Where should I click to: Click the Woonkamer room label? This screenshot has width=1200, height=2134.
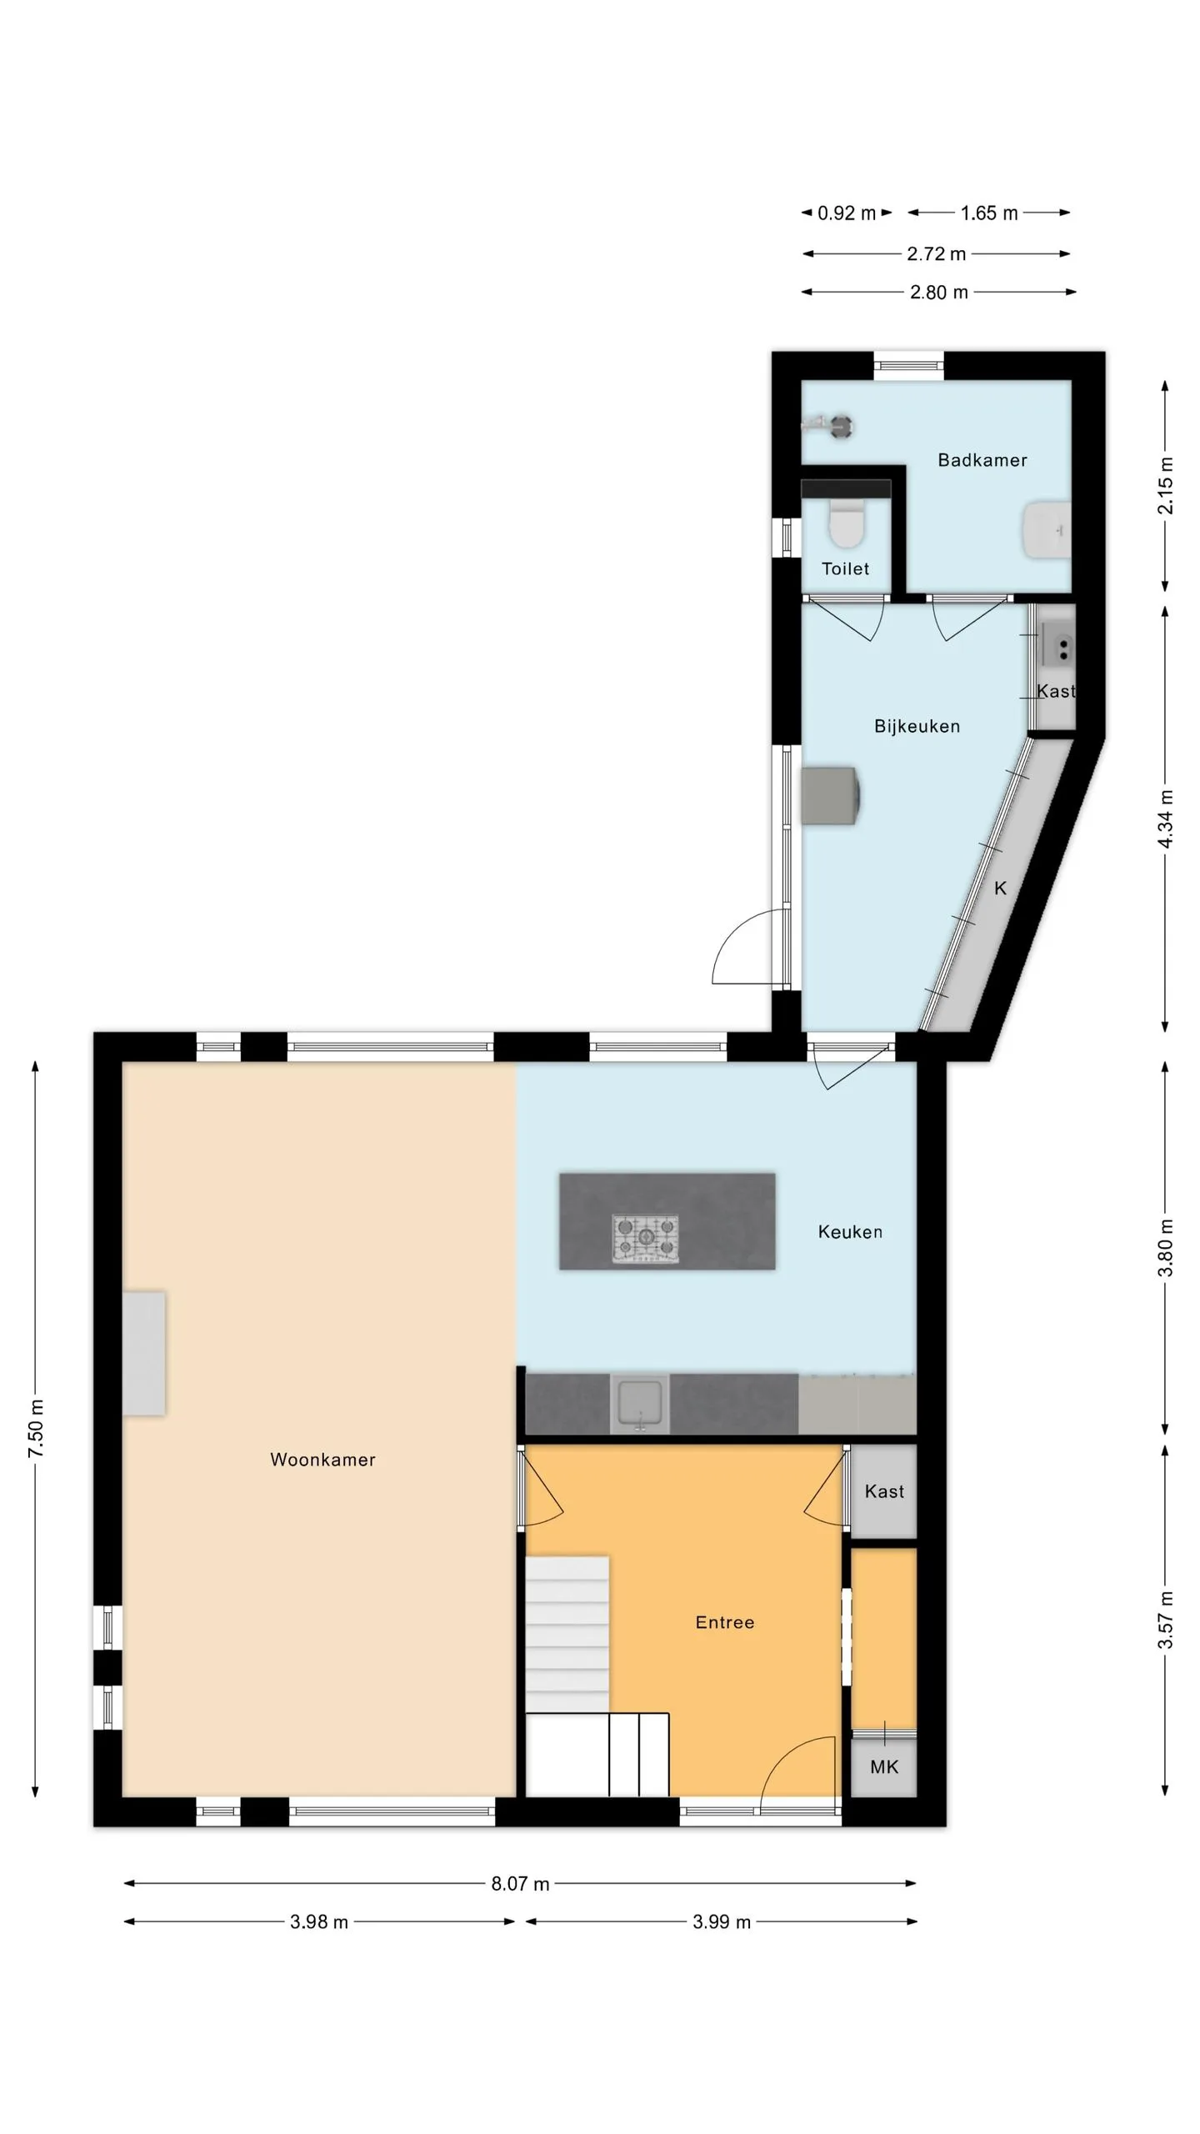pos(322,1460)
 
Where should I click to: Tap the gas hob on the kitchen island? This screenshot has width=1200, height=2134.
pos(646,1238)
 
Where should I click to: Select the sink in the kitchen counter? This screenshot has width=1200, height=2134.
pos(639,1404)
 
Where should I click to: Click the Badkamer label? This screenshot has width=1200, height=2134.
pos(982,460)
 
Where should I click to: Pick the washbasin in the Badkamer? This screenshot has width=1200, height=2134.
pos(1047,530)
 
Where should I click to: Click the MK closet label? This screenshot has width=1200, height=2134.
pos(884,1766)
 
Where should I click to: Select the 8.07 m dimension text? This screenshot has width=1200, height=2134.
pos(520,1884)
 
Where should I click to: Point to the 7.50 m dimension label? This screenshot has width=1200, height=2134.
pos(37,1430)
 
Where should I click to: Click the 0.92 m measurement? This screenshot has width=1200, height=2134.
pos(847,213)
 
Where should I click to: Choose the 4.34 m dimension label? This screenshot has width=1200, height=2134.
pos(1166,819)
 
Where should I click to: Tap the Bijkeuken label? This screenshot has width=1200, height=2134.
pos(917,726)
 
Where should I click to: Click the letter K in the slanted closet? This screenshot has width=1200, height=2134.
pos(1001,889)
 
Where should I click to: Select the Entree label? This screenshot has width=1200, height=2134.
pos(725,1622)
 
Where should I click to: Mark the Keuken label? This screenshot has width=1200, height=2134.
pos(850,1232)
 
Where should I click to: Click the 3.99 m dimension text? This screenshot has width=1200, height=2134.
pos(722,1922)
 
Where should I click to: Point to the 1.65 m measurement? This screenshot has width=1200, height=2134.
pos(989,213)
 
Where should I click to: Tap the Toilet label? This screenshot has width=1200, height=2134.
pos(845,569)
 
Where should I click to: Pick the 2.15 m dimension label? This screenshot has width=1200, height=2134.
pos(1166,485)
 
